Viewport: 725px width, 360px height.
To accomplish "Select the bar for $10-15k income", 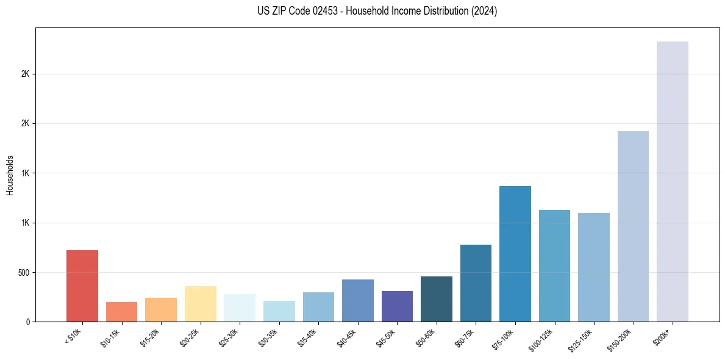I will pyautogui.click(x=121, y=312).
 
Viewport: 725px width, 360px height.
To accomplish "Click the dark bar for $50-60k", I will pyautogui.click(x=437, y=299).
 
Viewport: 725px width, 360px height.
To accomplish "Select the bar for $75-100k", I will pyautogui.click(x=515, y=254).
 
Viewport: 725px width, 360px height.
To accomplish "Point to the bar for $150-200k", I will pyautogui.click(x=633, y=226).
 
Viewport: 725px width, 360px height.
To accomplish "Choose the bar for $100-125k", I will pyautogui.click(x=554, y=265).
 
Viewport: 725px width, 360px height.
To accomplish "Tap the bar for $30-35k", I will pyautogui.click(x=279, y=311).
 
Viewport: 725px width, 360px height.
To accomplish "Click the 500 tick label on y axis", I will pyautogui.click(x=24, y=272).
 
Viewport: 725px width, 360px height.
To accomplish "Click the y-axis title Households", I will pyautogui.click(x=10, y=175).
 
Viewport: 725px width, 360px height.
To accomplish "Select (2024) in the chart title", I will pyautogui.click(x=484, y=11).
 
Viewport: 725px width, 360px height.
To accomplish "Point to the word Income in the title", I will pyautogui.click(x=398, y=11).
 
